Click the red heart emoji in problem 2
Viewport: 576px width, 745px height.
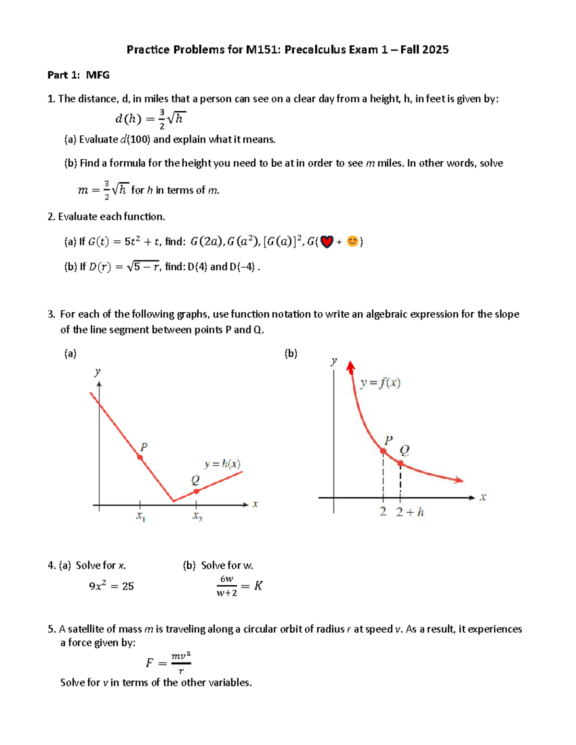(x=327, y=242)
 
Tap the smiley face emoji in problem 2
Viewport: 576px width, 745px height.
(x=352, y=241)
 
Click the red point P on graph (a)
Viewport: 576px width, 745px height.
(x=140, y=457)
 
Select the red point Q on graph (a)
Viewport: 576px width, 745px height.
(x=196, y=491)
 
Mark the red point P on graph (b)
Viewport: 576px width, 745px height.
(x=383, y=451)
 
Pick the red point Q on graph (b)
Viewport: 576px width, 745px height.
(x=400, y=463)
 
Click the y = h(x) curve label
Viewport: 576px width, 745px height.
(x=222, y=464)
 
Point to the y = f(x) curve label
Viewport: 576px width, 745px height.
(x=380, y=383)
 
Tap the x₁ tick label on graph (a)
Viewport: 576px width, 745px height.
(x=140, y=517)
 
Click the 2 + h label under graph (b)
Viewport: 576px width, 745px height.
(x=410, y=512)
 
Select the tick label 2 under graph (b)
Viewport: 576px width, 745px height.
(x=383, y=511)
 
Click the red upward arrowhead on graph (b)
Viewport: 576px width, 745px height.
(x=351, y=367)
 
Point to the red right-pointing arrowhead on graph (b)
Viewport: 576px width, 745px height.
(x=459, y=480)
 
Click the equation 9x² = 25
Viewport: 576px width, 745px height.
(x=111, y=586)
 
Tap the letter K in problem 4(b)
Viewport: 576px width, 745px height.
(x=258, y=586)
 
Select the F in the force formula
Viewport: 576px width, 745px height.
(x=150, y=663)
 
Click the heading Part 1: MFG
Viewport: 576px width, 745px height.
(x=78, y=75)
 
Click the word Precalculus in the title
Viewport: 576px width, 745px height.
(x=315, y=49)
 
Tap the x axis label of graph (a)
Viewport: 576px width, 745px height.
(x=255, y=504)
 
